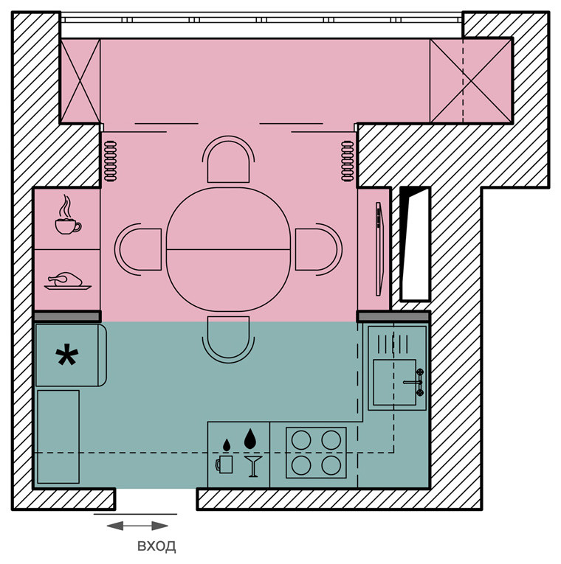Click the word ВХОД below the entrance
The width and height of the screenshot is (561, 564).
(156, 546)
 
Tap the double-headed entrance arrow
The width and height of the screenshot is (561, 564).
(137, 526)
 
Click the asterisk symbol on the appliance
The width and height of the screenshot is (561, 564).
(67, 355)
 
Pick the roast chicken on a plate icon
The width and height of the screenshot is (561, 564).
(67, 281)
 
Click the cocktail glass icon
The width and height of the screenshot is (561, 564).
(253, 466)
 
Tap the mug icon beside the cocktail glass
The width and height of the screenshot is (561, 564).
(224, 464)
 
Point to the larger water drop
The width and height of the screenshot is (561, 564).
(250, 439)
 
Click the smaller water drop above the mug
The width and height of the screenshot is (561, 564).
(226, 445)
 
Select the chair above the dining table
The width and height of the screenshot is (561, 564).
(228, 159)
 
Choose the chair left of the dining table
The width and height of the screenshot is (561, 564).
(138, 249)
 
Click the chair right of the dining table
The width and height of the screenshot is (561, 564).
(319, 249)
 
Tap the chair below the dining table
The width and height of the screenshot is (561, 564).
(228, 340)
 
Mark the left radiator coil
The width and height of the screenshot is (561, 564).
(111, 161)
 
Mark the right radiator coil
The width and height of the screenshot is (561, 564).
(348, 161)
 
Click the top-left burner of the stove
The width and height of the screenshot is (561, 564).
(301, 440)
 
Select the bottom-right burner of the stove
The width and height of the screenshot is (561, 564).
(331, 465)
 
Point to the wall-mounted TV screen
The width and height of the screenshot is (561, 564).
(379, 249)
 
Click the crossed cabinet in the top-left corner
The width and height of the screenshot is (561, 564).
(80, 80)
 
